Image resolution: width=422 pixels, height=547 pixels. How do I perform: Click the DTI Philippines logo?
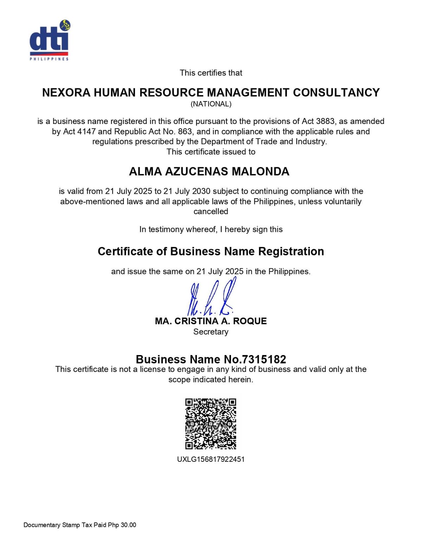coord(49,40)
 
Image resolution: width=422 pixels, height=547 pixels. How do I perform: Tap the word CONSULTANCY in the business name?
coord(336,92)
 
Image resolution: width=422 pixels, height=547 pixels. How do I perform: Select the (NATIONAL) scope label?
coord(211,104)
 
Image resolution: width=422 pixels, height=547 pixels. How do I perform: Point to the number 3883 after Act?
coord(325,121)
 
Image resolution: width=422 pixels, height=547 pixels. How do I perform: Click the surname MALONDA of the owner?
coord(261,172)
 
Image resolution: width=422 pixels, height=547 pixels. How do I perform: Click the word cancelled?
coord(211,211)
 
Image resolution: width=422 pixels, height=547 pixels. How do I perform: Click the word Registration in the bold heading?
coord(291,251)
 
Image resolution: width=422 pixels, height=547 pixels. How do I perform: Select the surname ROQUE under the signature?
coord(250,321)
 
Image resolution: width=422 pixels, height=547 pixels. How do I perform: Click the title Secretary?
coord(211,332)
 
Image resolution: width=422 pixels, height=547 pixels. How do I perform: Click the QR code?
coord(211,424)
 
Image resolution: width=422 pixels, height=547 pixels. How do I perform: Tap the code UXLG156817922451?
coord(211,459)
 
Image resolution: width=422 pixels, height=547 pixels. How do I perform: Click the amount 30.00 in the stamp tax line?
coord(128,525)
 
